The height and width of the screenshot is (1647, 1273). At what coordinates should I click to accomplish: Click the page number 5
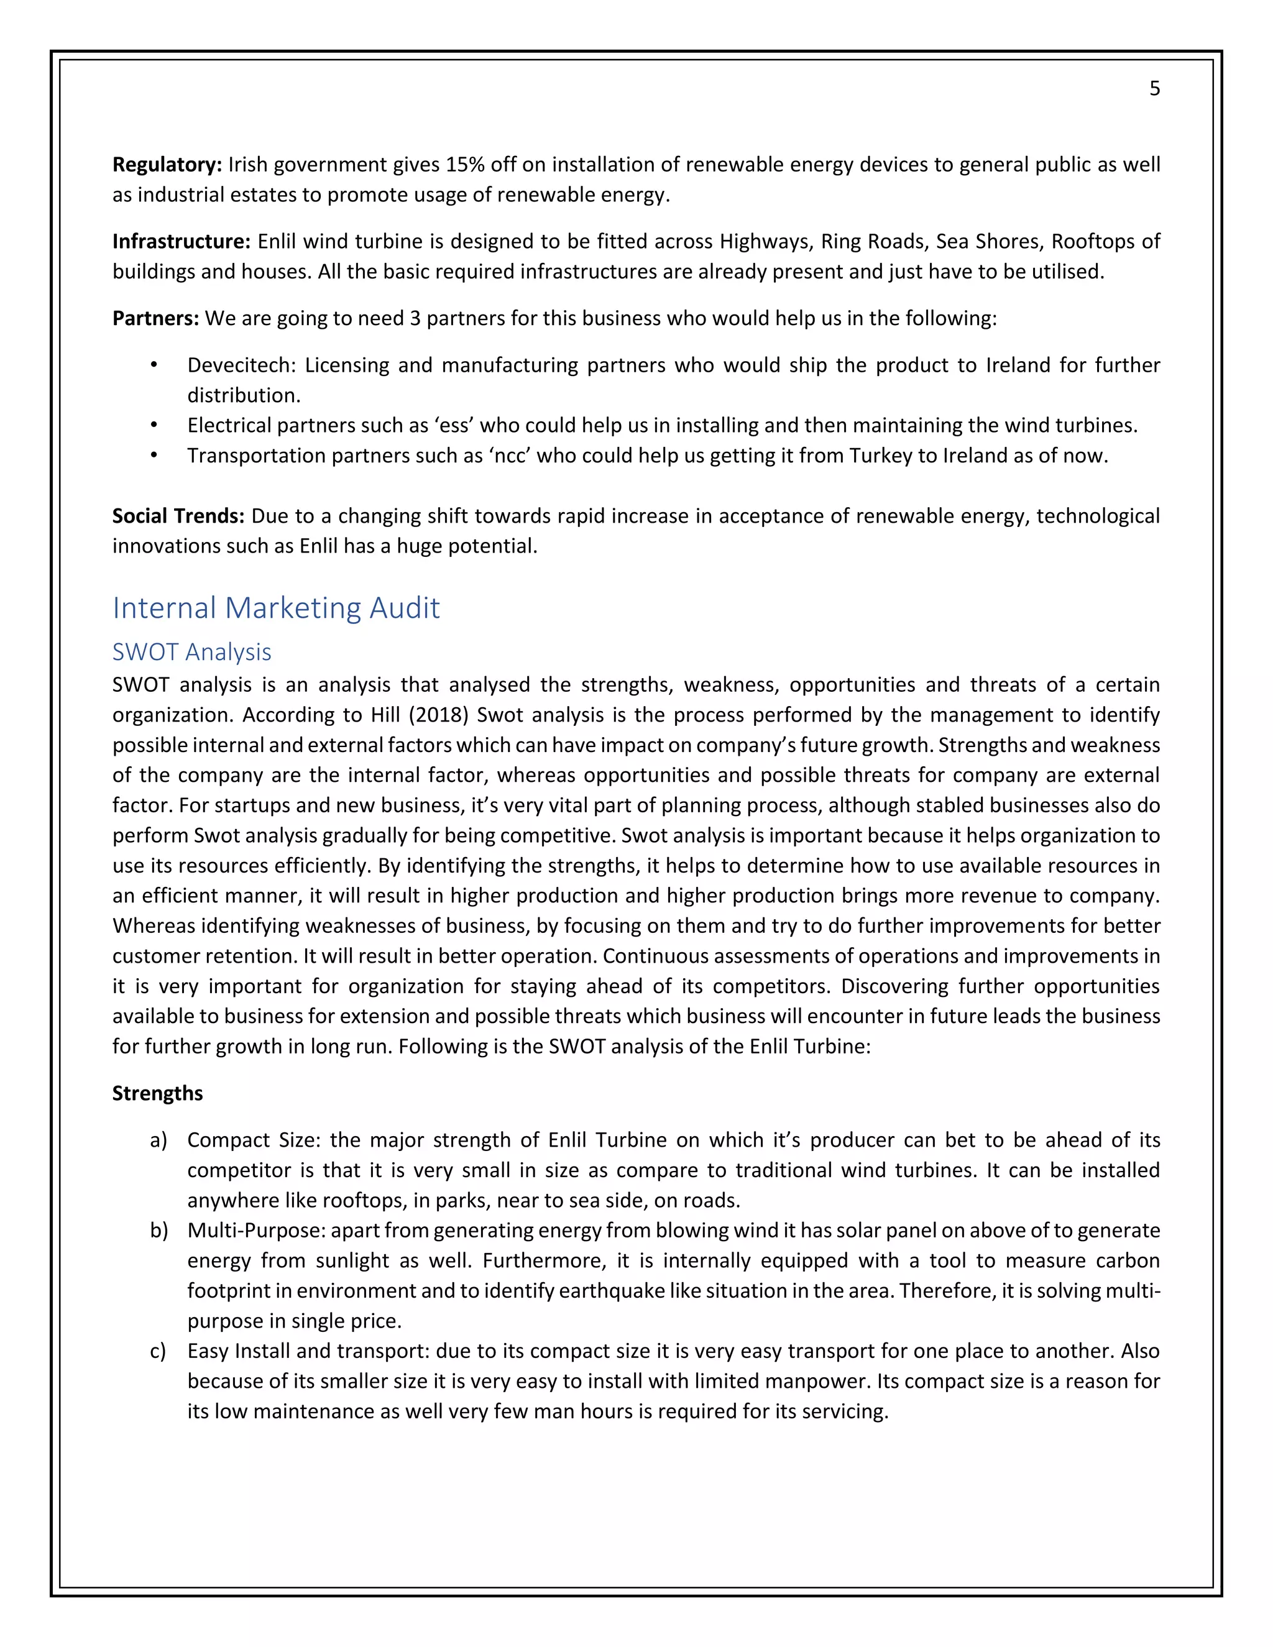point(1154,89)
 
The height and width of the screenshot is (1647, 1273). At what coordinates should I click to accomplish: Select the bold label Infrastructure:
point(181,241)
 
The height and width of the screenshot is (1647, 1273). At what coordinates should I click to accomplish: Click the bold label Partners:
point(155,318)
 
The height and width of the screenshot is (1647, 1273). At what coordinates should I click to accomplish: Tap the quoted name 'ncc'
point(510,456)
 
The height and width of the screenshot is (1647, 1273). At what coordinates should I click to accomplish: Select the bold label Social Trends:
point(178,516)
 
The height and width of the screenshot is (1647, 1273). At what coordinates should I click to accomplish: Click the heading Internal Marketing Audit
point(276,608)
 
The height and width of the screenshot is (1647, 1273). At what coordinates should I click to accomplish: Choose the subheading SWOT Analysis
point(191,651)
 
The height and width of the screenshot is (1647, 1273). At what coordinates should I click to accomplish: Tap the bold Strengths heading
point(158,1093)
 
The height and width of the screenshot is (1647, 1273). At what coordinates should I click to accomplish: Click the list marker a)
point(159,1140)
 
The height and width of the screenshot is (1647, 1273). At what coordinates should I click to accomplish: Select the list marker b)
point(159,1231)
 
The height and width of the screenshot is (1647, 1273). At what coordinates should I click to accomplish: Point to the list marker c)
point(158,1351)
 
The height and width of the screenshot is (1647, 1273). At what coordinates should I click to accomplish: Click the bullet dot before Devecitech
point(154,365)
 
